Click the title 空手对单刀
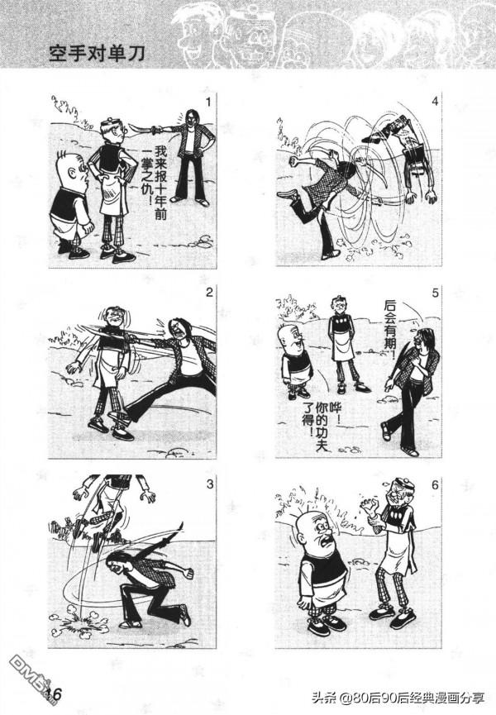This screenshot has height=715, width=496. (x=97, y=54)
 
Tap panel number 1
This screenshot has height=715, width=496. (x=208, y=102)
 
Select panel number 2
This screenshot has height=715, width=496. (x=209, y=293)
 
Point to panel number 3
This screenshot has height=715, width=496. (x=209, y=484)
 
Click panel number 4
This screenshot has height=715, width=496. (x=435, y=101)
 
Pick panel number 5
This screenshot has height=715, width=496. (x=435, y=293)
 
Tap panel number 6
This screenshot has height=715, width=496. (x=435, y=484)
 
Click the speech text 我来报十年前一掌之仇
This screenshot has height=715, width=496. (x=154, y=182)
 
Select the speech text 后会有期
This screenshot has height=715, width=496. (x=390, y=329)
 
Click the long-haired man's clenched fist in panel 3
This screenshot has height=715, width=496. (x=187, y=573)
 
